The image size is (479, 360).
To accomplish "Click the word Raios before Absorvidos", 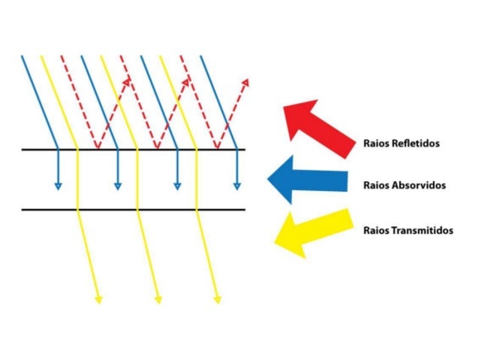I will [x=375, y=185].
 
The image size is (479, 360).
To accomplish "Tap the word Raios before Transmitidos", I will [x=375, y=231].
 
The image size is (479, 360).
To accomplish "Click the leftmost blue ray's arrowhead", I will [x=57, y=186].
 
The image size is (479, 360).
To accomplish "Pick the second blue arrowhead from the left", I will [x=117, y=186].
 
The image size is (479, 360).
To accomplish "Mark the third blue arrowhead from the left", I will [x=177, y=186].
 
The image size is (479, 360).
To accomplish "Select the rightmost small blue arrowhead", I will [x=236, y=186].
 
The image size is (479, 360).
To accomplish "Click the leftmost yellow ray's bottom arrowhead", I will [x=98, y=300].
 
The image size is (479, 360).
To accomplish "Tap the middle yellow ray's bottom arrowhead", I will [x=158, y=300].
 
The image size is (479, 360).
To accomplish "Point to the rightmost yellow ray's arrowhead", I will [x=218, y=300].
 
